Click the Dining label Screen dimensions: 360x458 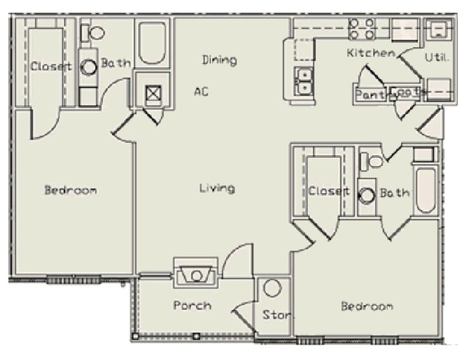coord(219,60)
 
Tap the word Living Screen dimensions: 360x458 coord(217,188)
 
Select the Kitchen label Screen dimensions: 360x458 coord(371,53)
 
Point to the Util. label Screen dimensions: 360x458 coord(436,57)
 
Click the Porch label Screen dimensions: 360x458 coord(192,305)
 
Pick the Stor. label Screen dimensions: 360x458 coord(276,314)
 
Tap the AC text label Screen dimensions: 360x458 coord(202,91)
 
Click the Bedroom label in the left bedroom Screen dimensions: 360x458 coord(70,190)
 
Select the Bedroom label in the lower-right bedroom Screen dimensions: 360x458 coord(366,306)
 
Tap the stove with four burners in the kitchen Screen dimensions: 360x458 coord(362,29)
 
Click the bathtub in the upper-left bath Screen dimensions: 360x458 coord(151,44)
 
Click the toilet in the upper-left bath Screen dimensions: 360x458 coord(93,32)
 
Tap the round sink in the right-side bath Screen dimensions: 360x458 coord(366,194)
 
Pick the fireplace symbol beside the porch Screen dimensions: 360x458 coord(196,275)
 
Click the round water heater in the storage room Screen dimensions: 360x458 coord(273,288)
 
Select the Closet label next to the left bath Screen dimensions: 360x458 coord(51,67)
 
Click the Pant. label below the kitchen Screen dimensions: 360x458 coord(369,94)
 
